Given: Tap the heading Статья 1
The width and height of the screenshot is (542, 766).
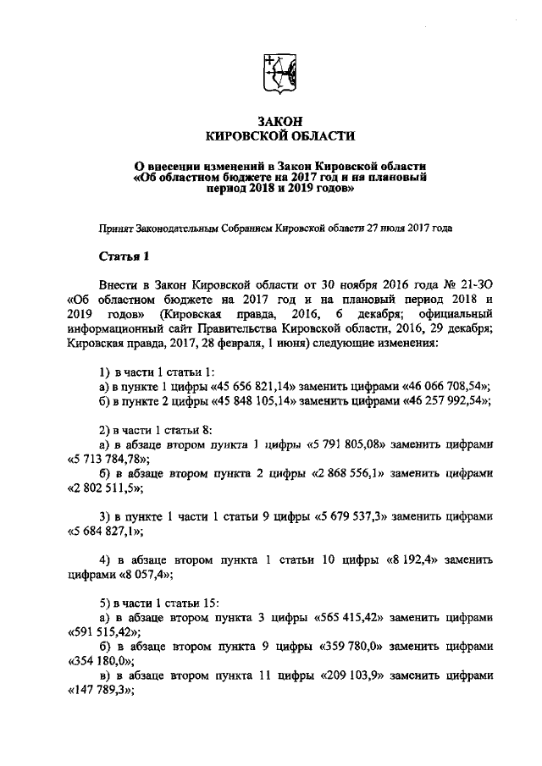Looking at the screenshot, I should point(124,256).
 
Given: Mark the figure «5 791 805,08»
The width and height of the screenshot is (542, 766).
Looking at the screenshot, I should point(346,444).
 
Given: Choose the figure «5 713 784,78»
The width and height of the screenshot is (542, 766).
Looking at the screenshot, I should point(107,459).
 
